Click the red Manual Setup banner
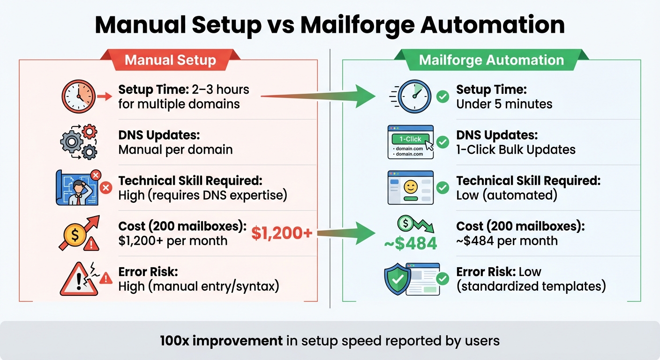tap(170, 60)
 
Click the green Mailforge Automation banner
tap(491, 60)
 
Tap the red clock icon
tap(79, 97)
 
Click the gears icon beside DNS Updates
tap(79, 142)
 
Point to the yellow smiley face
tap(410, 187)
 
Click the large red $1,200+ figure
tap(282, 233)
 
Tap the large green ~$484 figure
tap(411, 243)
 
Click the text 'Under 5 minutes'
tap(504, 104)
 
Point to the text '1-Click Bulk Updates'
tap(516, 150)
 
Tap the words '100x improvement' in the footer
tap(221, 340)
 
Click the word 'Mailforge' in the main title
tap(362, 25)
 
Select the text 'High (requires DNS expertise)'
tap(202, 195)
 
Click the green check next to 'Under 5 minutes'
tap(442, 97)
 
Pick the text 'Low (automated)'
tap(506, 195)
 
